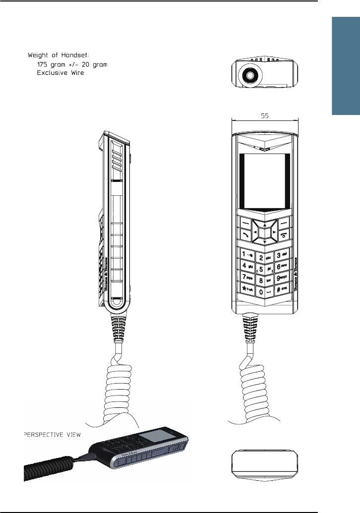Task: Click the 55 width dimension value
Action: [265, 114]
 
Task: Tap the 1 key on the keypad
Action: [246, 254]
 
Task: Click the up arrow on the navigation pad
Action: [265, 222]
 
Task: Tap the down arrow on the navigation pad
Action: [265, 241]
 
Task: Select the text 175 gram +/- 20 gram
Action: [72, 64]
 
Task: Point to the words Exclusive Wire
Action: [61, 73]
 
